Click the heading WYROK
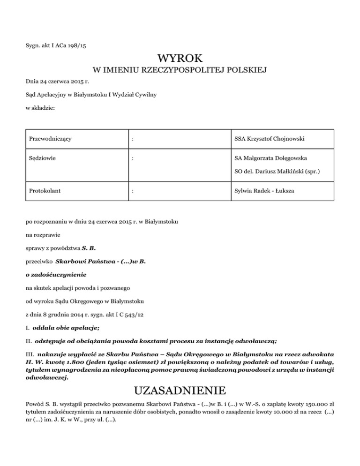point(180,59)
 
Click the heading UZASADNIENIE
point(180,391)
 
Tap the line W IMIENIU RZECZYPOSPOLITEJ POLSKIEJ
point(180,71)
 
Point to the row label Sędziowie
point(42,158)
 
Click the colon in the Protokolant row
point(134,191)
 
